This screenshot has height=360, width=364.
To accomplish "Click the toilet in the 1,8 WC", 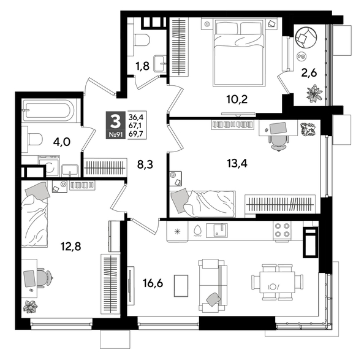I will tap(142, 40).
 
